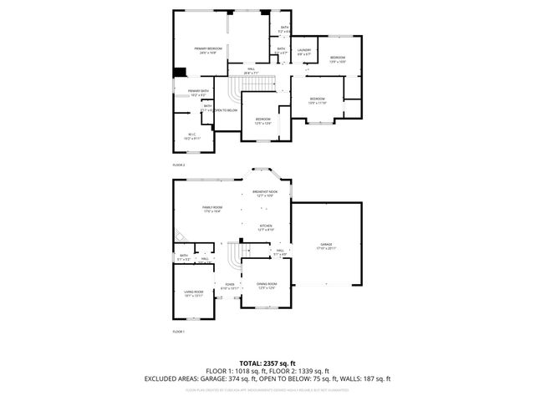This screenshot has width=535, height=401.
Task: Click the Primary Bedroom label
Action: tap(208, 50)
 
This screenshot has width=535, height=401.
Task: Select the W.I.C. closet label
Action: tap(191, 135)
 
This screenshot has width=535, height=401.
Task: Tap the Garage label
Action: tap(324, 246)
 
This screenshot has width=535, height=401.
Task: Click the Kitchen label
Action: tap(265, 227)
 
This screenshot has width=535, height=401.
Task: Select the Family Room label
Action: tap(211, 209)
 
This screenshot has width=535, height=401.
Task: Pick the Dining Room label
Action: tap(266, 286)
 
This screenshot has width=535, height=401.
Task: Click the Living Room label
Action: tap(193, 292)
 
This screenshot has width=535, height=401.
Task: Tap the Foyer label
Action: tap(228, 286)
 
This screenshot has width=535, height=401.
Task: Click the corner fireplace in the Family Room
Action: tap(178, 236)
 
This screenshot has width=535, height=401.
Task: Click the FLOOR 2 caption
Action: tap(178, 165)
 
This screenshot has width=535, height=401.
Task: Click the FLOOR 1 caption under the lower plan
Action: tap(178, 332)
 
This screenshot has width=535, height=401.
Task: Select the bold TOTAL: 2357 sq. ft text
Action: tap(267, 363)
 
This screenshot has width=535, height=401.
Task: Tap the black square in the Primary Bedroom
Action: tap(179, 73)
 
